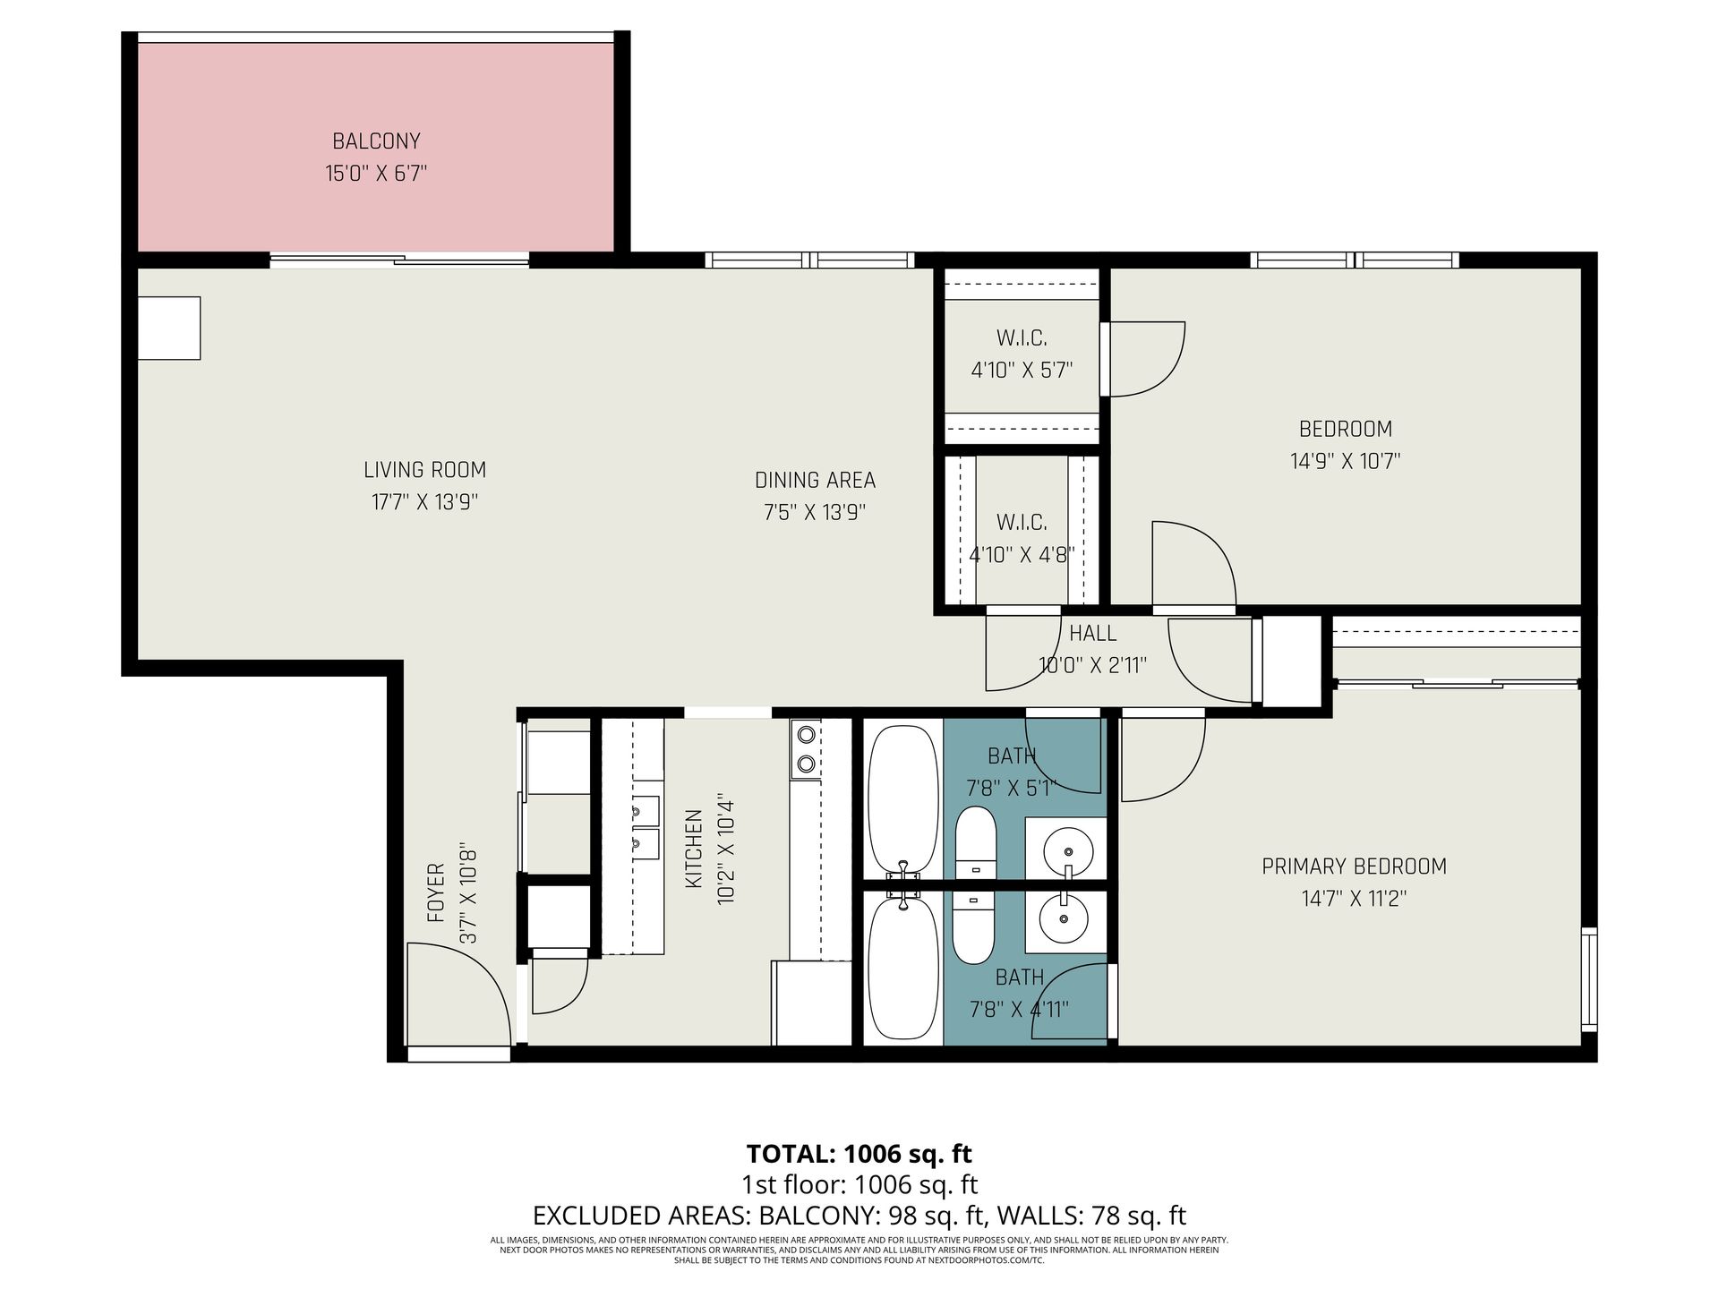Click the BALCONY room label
pos(376,141)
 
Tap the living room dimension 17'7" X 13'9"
pos(425,502)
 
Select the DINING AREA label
pos(815,481)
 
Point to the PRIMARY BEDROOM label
pos(1354,866)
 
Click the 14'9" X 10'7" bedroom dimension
pos(1345,461)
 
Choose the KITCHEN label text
pos(694,849)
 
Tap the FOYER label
pos(436,893)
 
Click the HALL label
pos(1092,634)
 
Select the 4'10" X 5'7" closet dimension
pos(1022,370)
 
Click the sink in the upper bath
pos(1068,846)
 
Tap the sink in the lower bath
pos(1064,918)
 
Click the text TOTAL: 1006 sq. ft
pos(859,1153)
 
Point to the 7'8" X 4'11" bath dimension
pos(1019,1011)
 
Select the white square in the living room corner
pos(168,329)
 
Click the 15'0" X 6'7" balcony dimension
pos(376,174)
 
